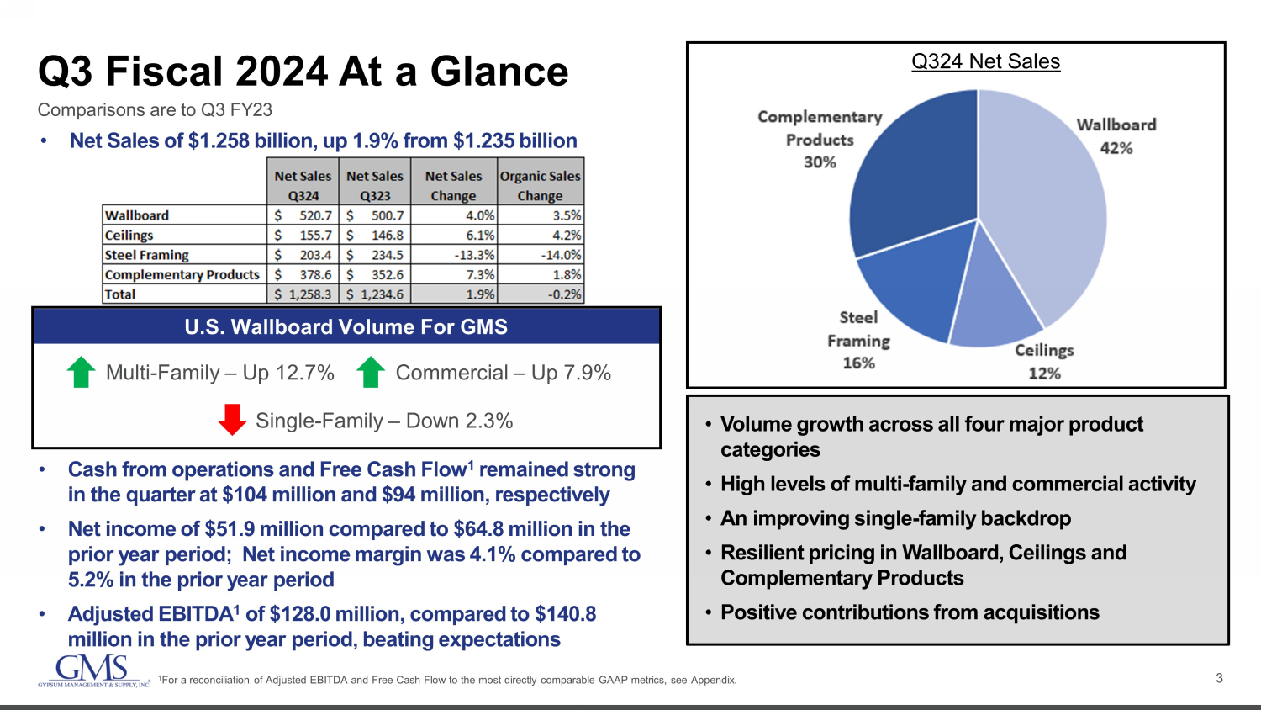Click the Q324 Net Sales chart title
tap(985, 61)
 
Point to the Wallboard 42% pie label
tap(1116, 136)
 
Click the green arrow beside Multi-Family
tap(81, 373)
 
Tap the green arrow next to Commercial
tap(371, 373)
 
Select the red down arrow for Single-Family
tap(232, 420)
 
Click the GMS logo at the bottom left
tap(92, 670)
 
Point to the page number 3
tap(1219, 678)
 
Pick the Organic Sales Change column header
tap(540, 185)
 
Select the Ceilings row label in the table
tap(129, 236)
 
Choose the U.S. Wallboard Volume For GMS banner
tap(346, 326)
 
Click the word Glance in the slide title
tap(499, 72)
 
